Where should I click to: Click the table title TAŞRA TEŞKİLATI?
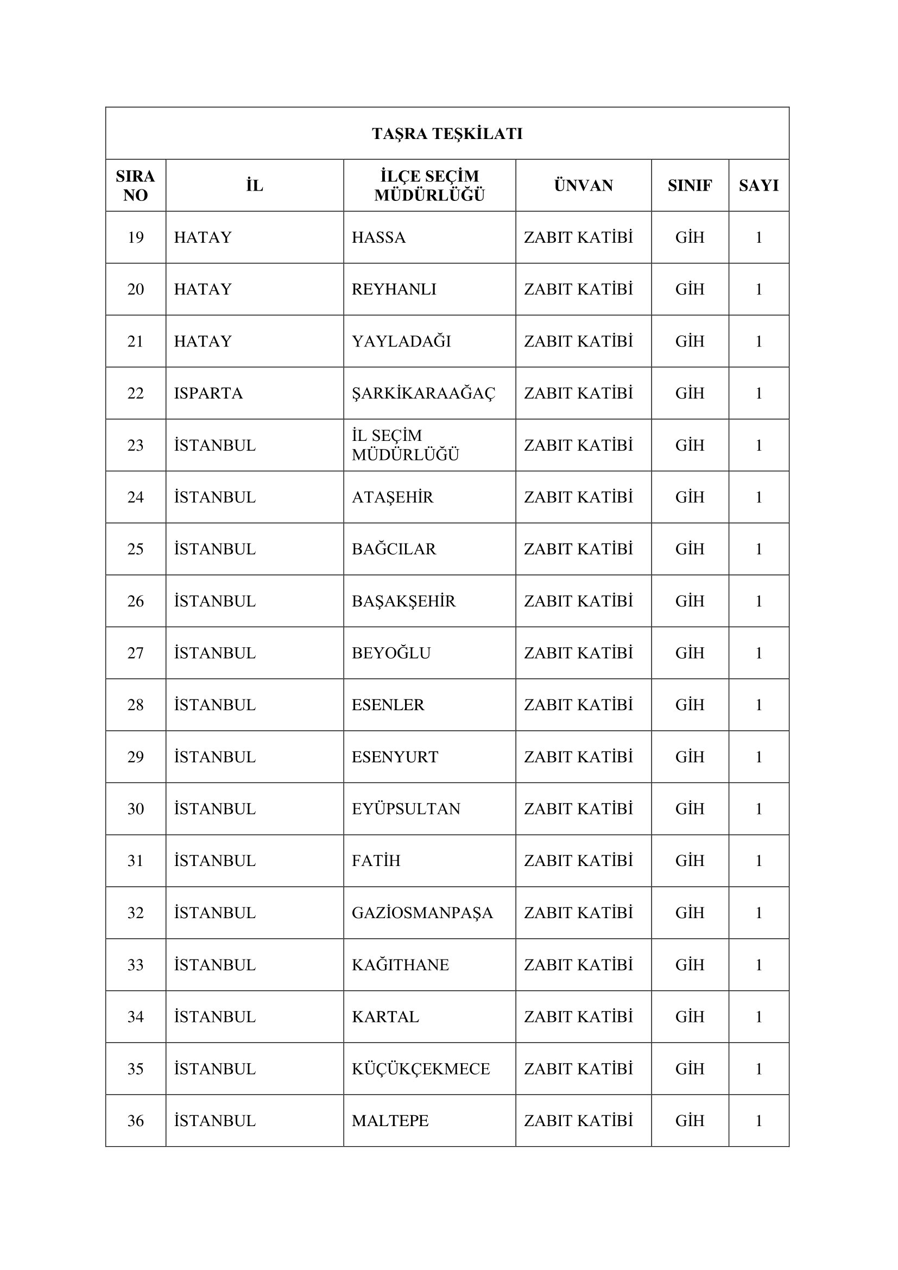447,134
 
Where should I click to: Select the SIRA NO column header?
136,185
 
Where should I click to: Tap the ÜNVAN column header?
583,185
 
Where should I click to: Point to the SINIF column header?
690,185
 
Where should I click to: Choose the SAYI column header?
758,185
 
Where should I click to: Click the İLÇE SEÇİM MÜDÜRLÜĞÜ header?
429,185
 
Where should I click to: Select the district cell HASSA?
379,237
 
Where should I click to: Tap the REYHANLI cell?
394,289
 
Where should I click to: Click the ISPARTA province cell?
208,393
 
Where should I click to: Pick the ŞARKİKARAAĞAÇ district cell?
423,393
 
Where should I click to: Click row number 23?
136,445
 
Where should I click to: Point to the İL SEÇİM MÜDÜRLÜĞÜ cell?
406,445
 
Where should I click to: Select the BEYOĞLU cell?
391,653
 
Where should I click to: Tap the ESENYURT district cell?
395,757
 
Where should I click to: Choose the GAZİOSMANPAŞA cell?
422,913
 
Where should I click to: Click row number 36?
136,1121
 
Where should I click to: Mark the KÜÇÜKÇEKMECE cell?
421,1069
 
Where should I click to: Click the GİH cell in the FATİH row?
690,861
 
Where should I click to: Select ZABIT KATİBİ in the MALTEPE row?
578,1121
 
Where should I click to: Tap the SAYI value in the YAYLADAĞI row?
758,342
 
